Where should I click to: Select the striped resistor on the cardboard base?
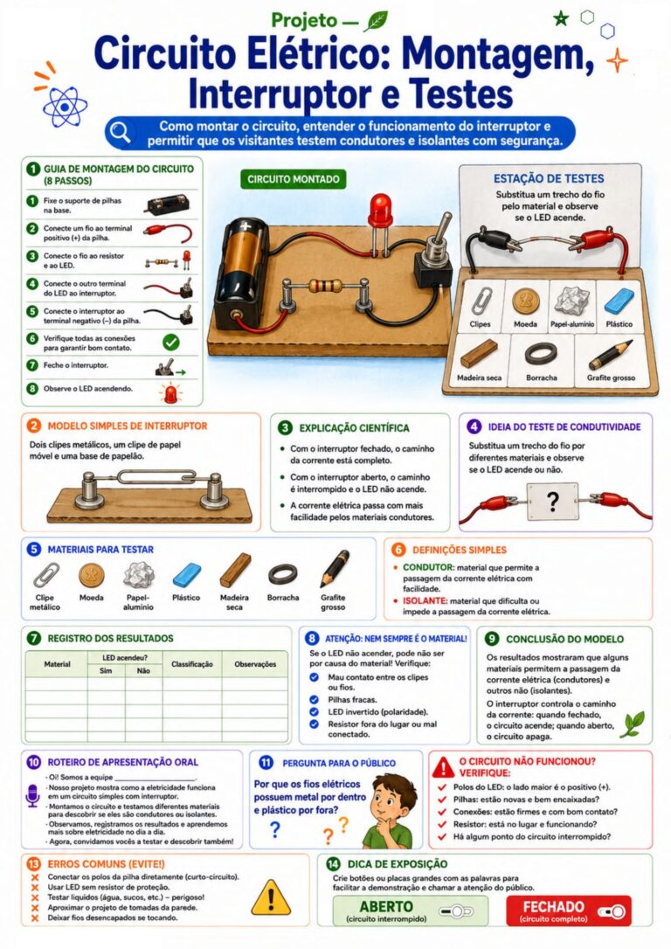coord(327,287)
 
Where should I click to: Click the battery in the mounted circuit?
coord(246,274)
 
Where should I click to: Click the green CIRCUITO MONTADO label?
coord(294,179)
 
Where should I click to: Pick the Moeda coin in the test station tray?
coord(525,301)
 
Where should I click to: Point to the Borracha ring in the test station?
coord(541,353)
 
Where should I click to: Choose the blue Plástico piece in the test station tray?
coord(619,301)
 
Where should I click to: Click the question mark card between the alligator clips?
coord(552,501)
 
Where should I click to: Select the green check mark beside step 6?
coord(171,343)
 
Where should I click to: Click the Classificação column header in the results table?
coord(192,664)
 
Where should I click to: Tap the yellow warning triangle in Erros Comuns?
coord(271,897)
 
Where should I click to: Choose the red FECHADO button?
coord(568,911)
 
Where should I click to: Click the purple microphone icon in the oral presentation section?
coord(32,795)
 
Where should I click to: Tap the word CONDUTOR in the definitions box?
coord(428,568)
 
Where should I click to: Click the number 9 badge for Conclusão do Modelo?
coord(492,639)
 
